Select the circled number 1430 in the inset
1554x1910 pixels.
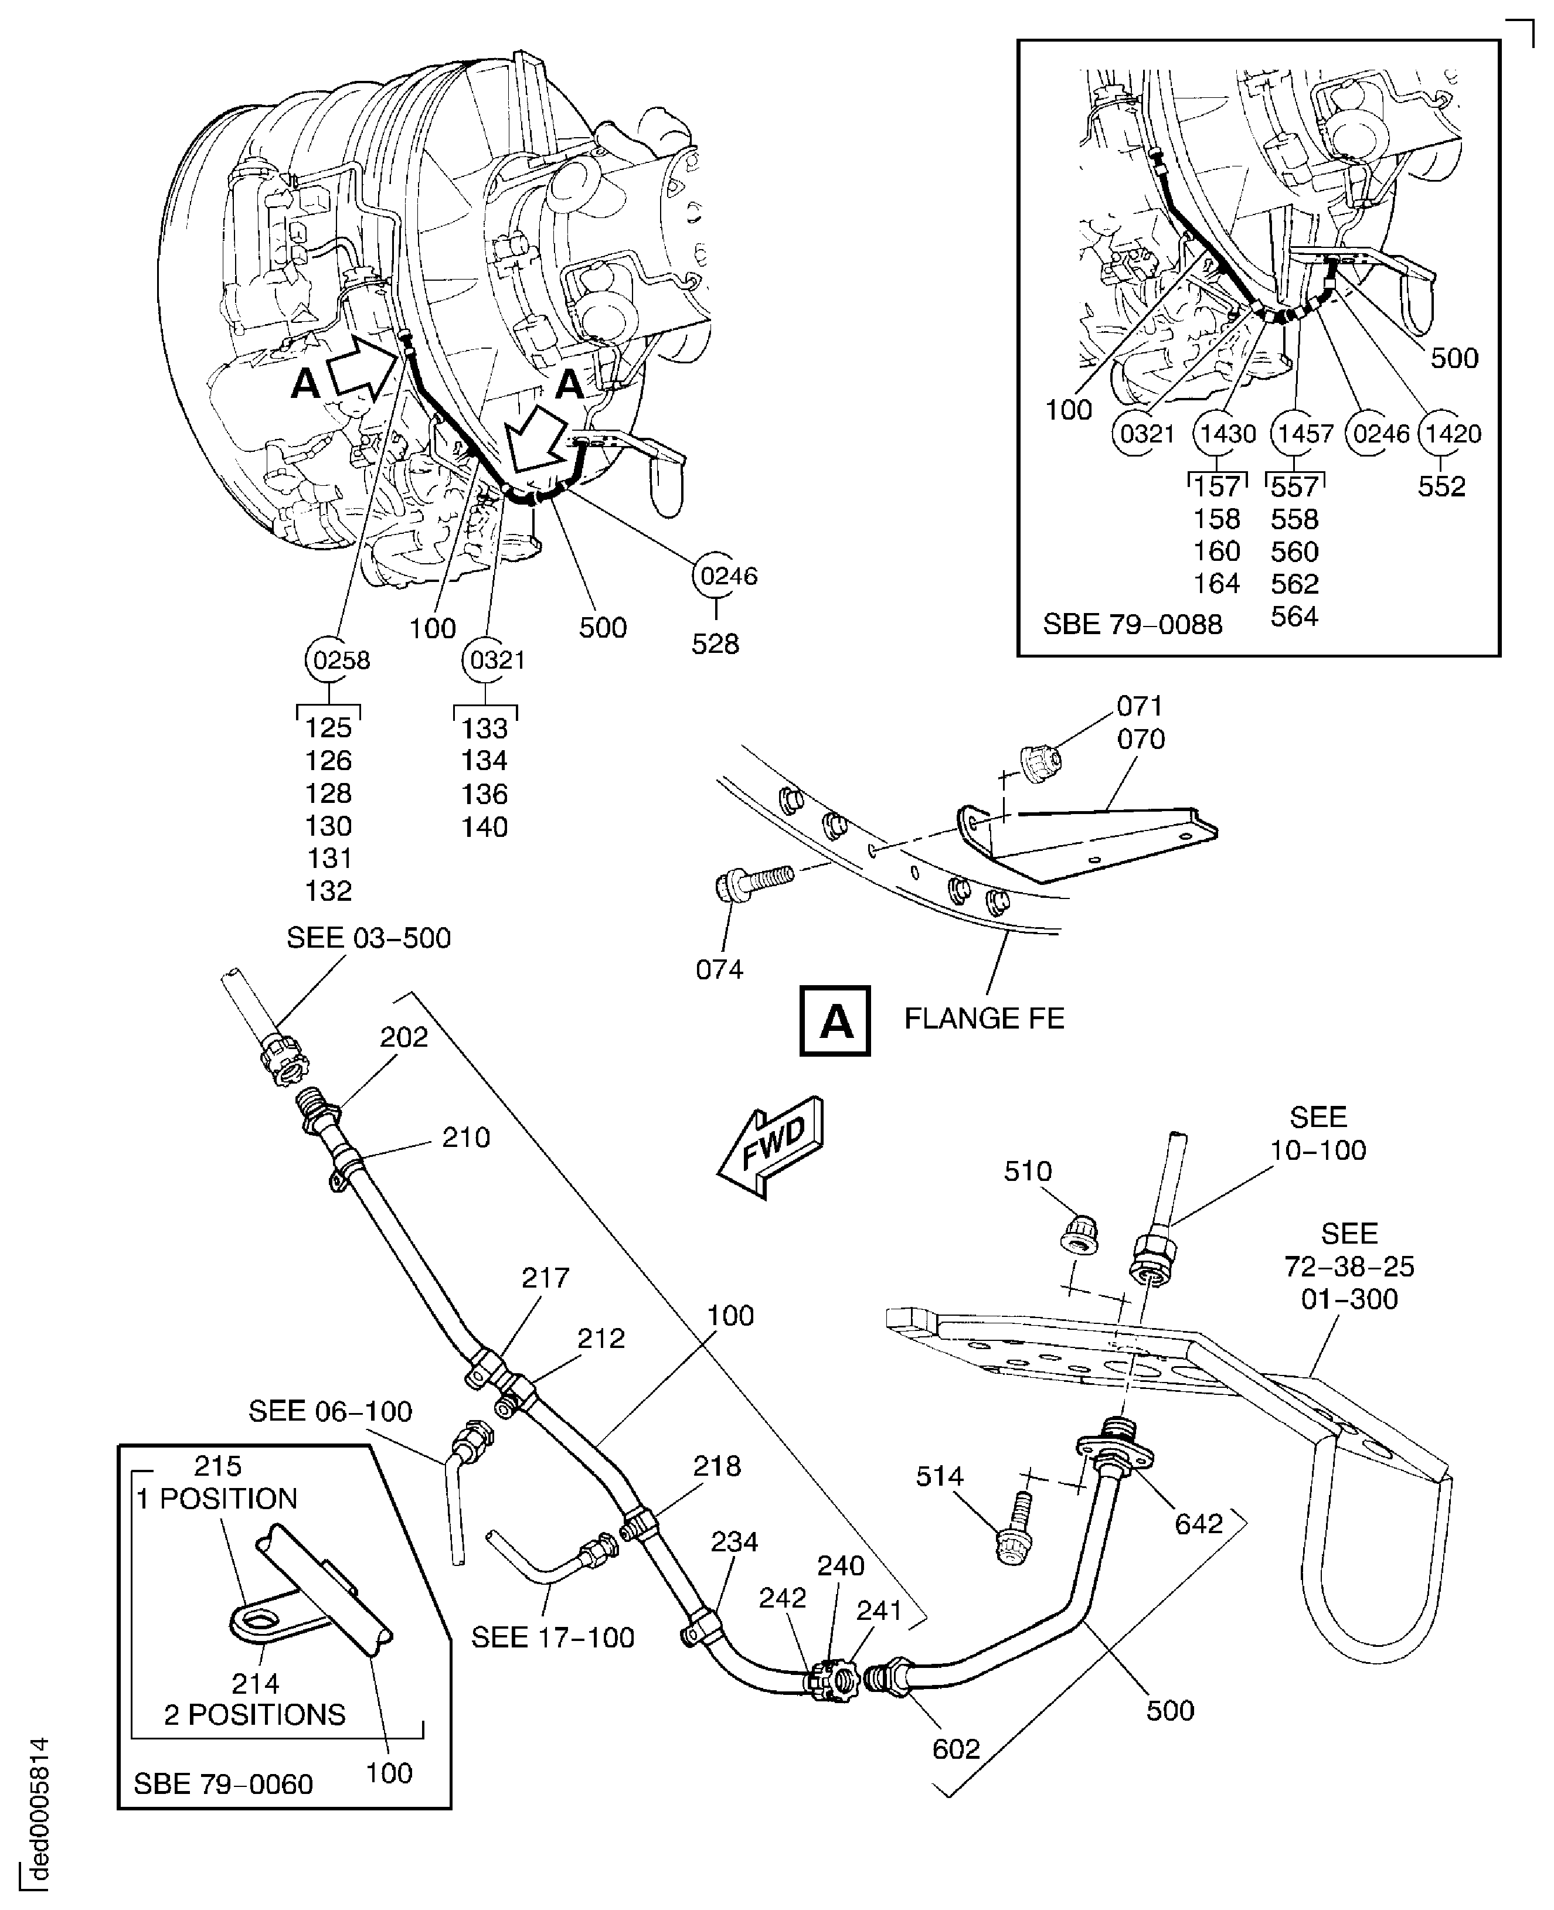[1227, 434]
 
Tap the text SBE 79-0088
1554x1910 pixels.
[1133, 624]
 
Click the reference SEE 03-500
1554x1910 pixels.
[368, 938]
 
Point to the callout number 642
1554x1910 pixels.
[1199, 1523]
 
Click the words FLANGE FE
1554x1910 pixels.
[984, 1019]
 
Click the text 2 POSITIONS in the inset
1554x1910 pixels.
[254, 1714]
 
